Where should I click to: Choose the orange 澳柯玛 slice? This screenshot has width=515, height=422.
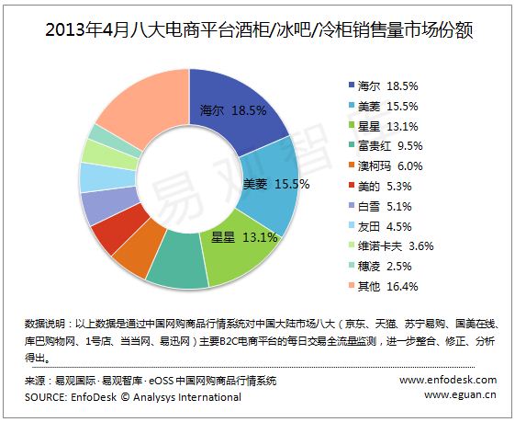point(140,246)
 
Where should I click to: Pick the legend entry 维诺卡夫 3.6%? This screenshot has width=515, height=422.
point(391,246)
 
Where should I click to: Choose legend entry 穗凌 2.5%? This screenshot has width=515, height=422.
point(380,266)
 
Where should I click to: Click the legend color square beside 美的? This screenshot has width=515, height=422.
point(352,186)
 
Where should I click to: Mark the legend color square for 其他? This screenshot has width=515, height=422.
point(352,286)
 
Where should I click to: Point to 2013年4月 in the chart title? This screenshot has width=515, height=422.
point(87,30)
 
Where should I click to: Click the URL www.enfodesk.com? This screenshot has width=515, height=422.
point(448,380)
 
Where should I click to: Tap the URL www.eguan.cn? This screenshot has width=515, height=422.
point(461,394)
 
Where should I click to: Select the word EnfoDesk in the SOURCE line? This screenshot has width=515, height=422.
point(94,397)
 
